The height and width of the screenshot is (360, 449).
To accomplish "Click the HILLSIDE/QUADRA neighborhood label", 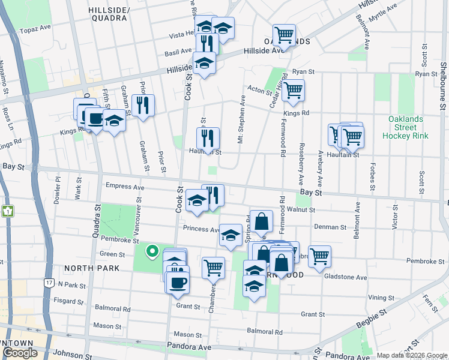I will [x=107, y=14].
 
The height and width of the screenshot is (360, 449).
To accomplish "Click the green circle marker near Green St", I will [x=152, y=251].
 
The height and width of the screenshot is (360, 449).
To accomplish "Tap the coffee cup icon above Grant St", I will [x=178, y=281].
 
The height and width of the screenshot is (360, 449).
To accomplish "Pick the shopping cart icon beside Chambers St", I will [x=213, y=267].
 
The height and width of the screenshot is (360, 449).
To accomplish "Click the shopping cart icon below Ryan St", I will [x=293, y=90].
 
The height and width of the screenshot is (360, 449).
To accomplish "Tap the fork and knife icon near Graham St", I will [x=143, y=106].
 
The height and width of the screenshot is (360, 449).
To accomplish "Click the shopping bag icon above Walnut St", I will [x=262, y=221].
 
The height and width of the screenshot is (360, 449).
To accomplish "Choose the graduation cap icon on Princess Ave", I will [x=231, y=235].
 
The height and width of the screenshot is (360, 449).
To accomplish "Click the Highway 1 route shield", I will [x=7, y=211].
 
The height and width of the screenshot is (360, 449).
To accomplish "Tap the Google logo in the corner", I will [x=19, y=353].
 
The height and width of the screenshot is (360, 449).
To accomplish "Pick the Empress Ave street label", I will [x=124, y=187].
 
